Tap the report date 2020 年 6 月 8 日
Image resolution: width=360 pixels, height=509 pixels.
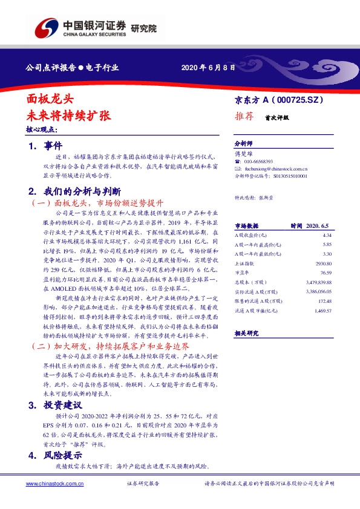click(208, 67)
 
